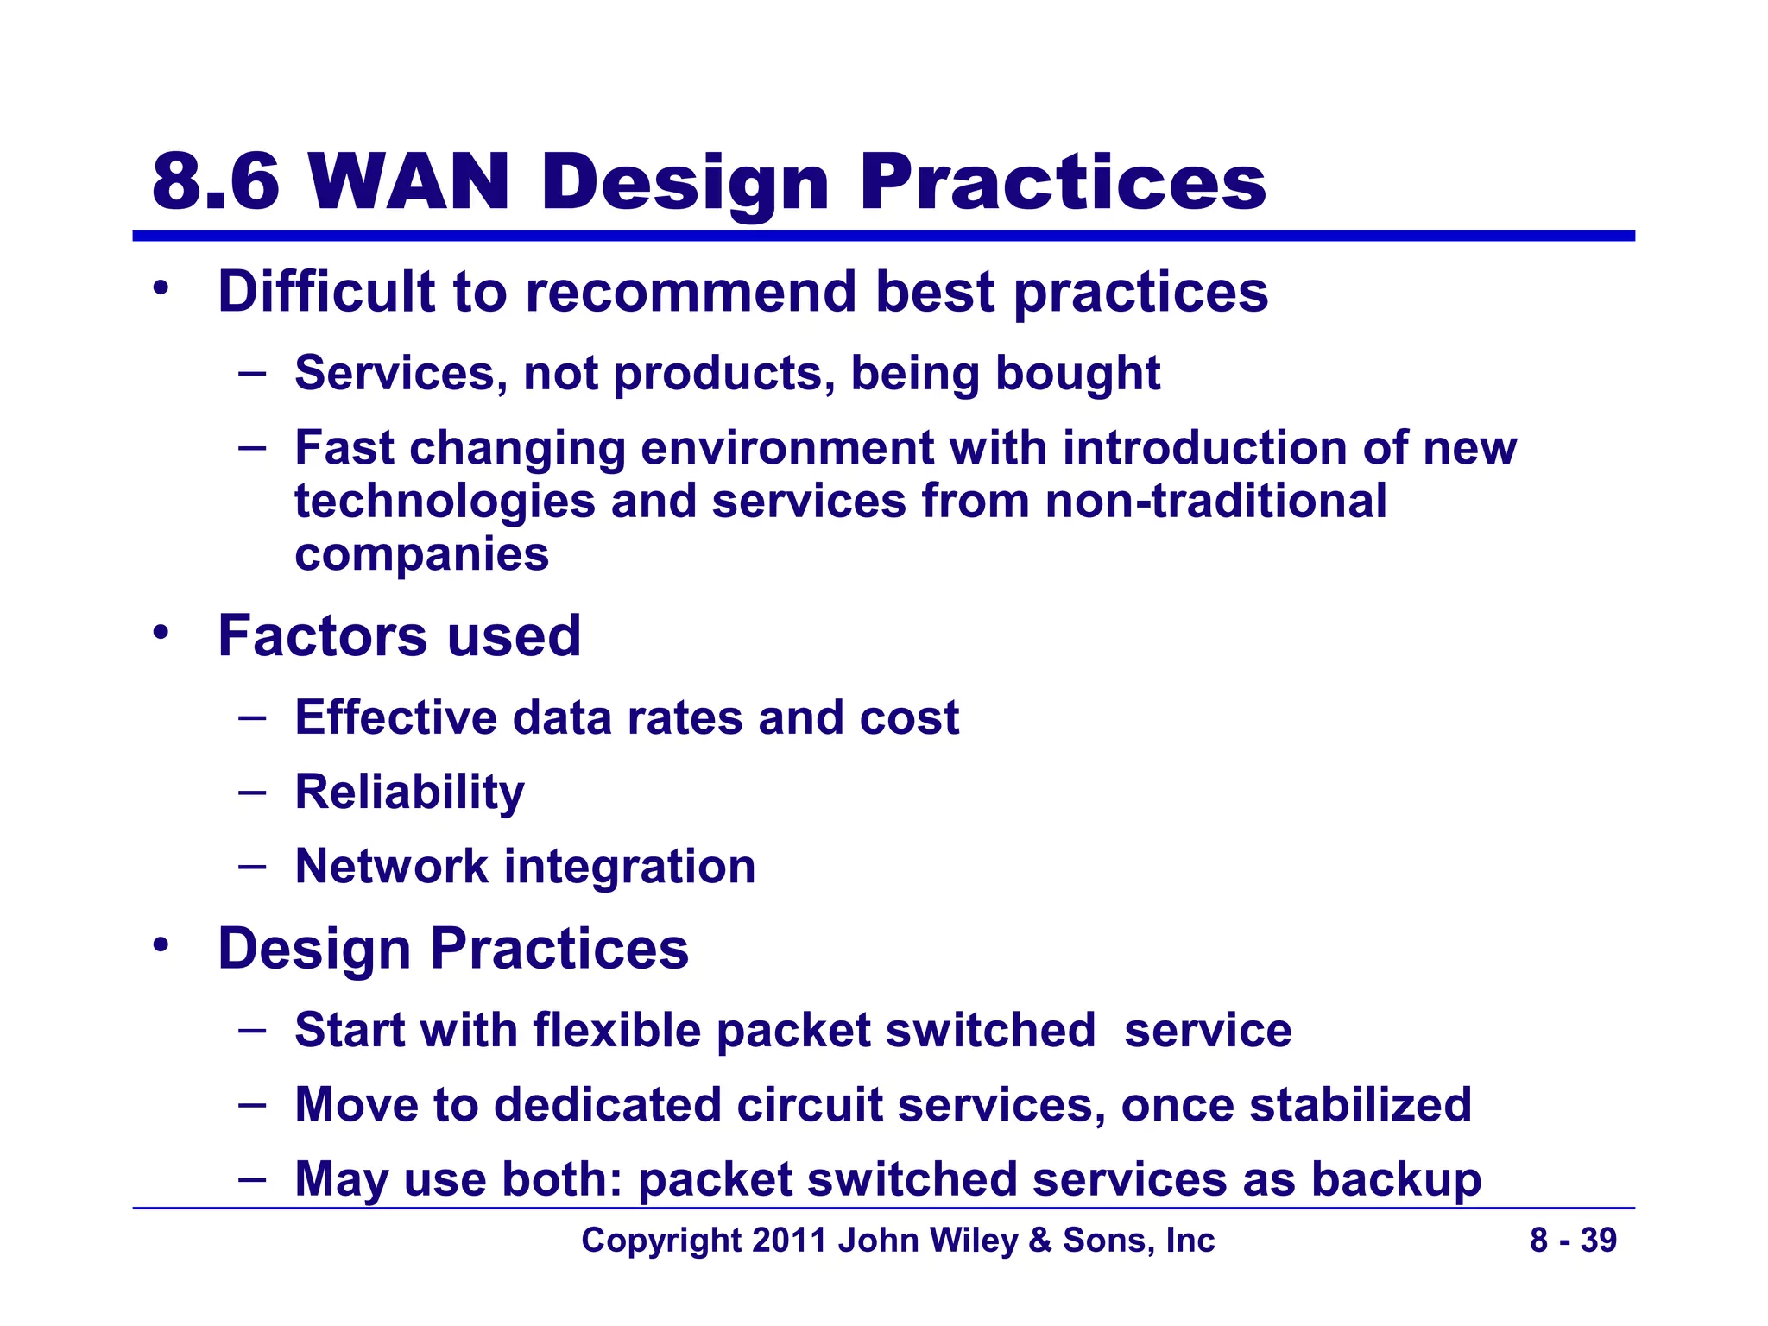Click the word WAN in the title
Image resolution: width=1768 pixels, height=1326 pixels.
tap(408, 182)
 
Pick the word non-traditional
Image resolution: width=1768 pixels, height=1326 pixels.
tap(1215, 501)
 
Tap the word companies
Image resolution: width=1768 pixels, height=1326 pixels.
tap(421, 554)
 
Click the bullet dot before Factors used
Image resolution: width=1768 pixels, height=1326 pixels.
tap(160, 633)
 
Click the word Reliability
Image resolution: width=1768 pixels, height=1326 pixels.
tap(409, 792)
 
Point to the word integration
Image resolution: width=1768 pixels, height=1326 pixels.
tap(628, 866)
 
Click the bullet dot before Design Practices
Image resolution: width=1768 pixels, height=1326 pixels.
tap(160, 946)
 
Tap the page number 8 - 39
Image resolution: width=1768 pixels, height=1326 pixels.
tap(1573, 1241)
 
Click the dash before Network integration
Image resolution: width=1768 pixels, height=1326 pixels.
tap(252, 865)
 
